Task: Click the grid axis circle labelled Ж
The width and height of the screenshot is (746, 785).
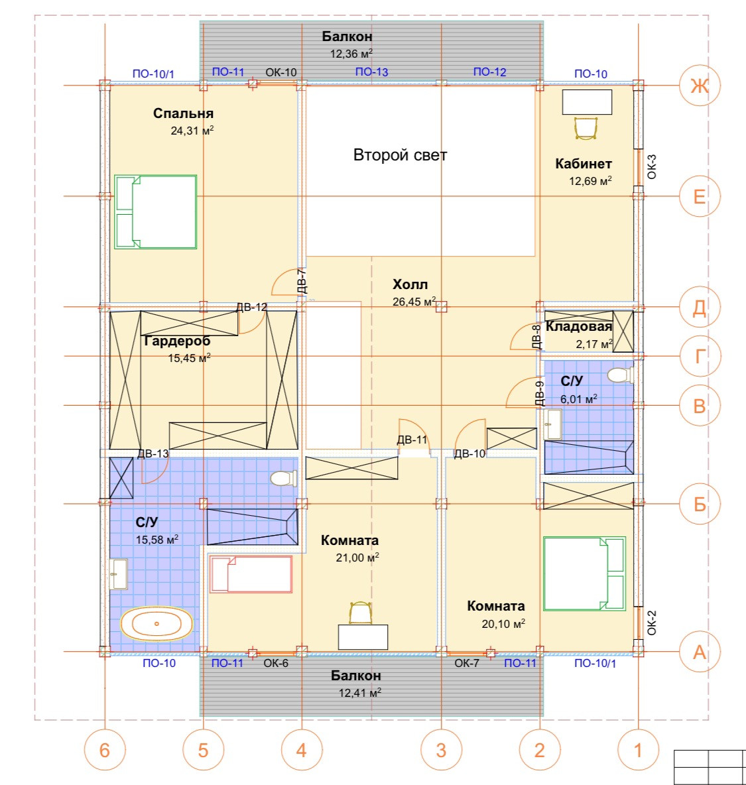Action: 700,86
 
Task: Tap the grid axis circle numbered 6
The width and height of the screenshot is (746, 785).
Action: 105,750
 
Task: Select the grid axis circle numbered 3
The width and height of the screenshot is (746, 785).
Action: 441,750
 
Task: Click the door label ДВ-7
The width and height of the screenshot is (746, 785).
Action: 301,281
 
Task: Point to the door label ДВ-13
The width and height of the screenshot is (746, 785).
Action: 153,453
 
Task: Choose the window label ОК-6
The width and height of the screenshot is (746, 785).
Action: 276,663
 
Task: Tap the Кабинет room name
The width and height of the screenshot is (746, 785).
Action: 584,164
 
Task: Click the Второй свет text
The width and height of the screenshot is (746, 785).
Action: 400,155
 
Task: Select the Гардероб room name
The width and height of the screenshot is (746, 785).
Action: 177,341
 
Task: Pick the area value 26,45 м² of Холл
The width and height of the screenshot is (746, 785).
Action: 414,302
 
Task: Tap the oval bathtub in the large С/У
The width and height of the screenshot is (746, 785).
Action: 156,624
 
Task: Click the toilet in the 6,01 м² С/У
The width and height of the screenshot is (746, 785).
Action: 619,375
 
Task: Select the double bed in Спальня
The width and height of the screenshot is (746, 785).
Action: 156,211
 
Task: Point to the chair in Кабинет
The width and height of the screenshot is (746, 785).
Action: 586,128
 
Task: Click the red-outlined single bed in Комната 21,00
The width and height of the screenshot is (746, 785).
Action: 251,574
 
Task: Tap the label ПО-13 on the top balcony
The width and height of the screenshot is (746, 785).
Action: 371,72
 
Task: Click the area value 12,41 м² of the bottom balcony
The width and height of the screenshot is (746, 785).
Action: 359,693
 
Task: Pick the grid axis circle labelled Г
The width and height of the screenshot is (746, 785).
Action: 700,356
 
